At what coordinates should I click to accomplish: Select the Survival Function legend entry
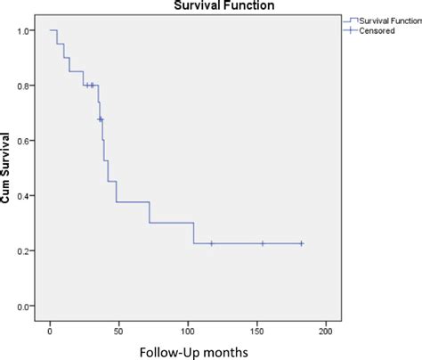(381, 19)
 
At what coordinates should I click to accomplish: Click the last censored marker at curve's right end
(301, 243)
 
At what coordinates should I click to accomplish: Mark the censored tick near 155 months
(263, 243)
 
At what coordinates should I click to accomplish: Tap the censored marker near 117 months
(211, 243)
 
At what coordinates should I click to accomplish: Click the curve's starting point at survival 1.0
(51, 31)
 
